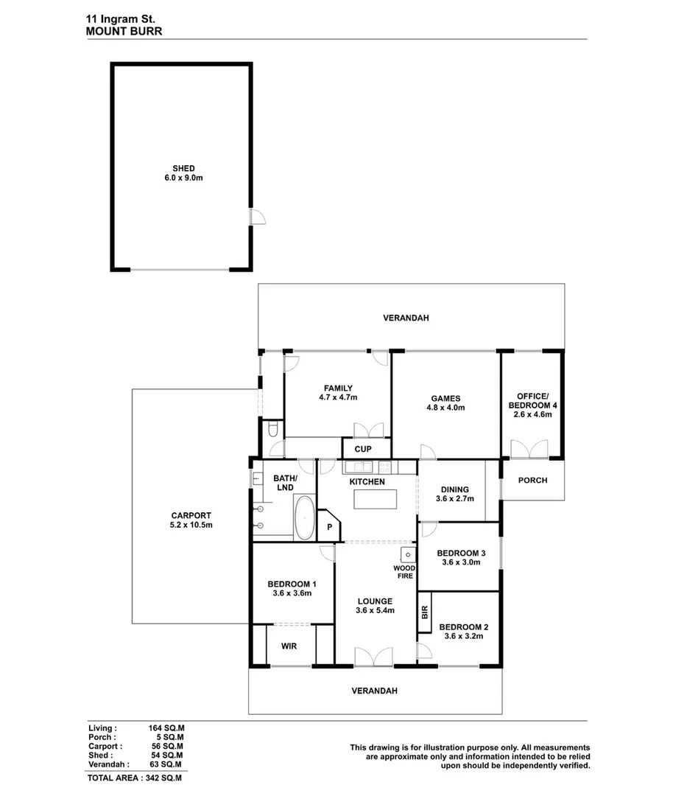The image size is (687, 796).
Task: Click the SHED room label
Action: [183, 169]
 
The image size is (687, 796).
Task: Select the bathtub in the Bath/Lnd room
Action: [304, 518]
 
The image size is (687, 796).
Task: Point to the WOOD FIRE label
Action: [404, 572]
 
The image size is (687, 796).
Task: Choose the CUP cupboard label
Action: [363, 449]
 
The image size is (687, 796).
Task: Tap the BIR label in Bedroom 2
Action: [425, 612]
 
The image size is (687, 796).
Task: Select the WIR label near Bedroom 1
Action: [289, 646]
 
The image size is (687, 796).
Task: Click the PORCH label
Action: [532, 481]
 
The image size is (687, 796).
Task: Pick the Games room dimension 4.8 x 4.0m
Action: [447, 408]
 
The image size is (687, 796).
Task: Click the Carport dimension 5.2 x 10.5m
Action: [191, 526]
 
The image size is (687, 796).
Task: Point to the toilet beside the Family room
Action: [272, 429]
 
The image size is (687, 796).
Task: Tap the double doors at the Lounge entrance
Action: [373, 656]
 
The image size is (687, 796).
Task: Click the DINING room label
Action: [454, 489]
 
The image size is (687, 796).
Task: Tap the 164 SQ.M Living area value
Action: [166, 727]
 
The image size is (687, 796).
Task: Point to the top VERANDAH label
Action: [406, 318]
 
